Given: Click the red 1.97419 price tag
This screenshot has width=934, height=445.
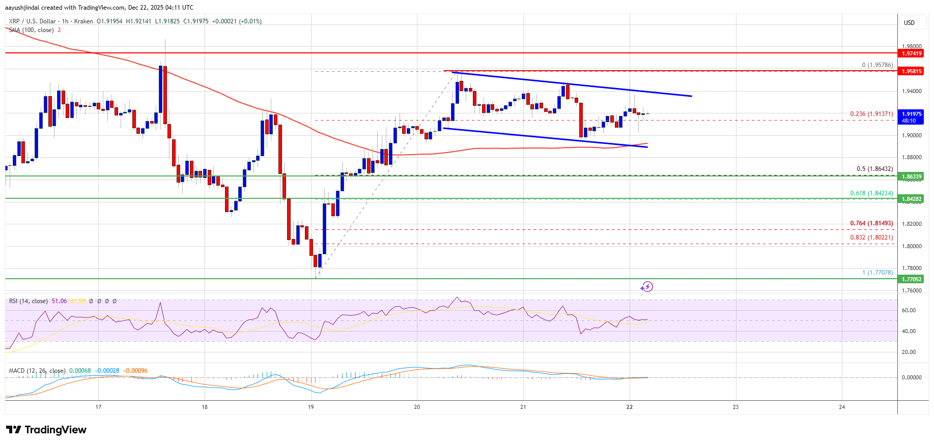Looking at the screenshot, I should (912, 53).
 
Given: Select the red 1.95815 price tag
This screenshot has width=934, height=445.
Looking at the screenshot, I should (912, 71).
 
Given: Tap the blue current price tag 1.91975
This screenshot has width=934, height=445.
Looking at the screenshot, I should (912, 114).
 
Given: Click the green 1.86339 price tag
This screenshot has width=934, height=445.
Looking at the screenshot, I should (912, 176).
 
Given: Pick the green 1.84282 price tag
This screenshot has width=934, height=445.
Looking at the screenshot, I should (912, 199).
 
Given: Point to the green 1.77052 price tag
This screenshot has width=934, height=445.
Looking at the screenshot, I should (912, 279).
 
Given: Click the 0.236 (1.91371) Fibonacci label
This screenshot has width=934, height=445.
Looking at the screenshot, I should (871, 114).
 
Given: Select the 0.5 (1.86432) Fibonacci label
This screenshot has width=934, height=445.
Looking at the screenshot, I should (874, 169).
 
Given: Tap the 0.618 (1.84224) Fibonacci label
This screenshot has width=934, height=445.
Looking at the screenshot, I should (871, 193).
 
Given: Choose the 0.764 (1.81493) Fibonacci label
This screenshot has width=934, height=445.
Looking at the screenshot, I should (871, 223).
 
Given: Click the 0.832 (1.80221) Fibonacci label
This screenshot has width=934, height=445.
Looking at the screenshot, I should (871, 238).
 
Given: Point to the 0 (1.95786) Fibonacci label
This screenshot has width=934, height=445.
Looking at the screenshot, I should (877, 65).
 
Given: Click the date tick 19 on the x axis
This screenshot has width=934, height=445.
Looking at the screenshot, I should (311, 407).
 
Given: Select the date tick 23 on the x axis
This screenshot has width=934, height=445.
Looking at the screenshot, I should (735, 407).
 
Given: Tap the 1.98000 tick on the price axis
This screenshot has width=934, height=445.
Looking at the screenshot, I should (912, 46).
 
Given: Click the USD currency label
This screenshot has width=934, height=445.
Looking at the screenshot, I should (909, 23).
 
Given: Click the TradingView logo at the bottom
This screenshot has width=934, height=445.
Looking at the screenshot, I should (46, 430).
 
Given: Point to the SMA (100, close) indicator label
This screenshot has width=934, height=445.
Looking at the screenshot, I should (31, 30).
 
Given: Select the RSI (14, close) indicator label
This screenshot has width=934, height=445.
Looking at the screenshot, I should (29, 301).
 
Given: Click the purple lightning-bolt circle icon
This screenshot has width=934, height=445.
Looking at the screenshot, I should (646, 287).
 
